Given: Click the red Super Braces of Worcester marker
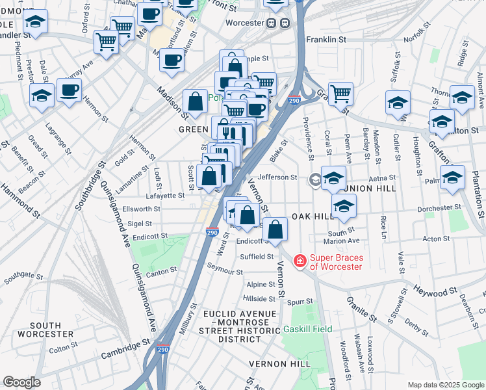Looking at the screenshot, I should tap(300, 261).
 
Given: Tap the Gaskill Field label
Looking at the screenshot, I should tap(307, 330).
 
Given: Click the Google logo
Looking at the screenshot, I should tap(21, 382).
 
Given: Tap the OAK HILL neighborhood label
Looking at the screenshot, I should tap(312, 216).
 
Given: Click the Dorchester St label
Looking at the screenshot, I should tap(439, 208).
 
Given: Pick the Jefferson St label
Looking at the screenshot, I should tap(277, 177).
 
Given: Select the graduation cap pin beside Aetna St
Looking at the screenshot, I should tap(333, 177).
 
